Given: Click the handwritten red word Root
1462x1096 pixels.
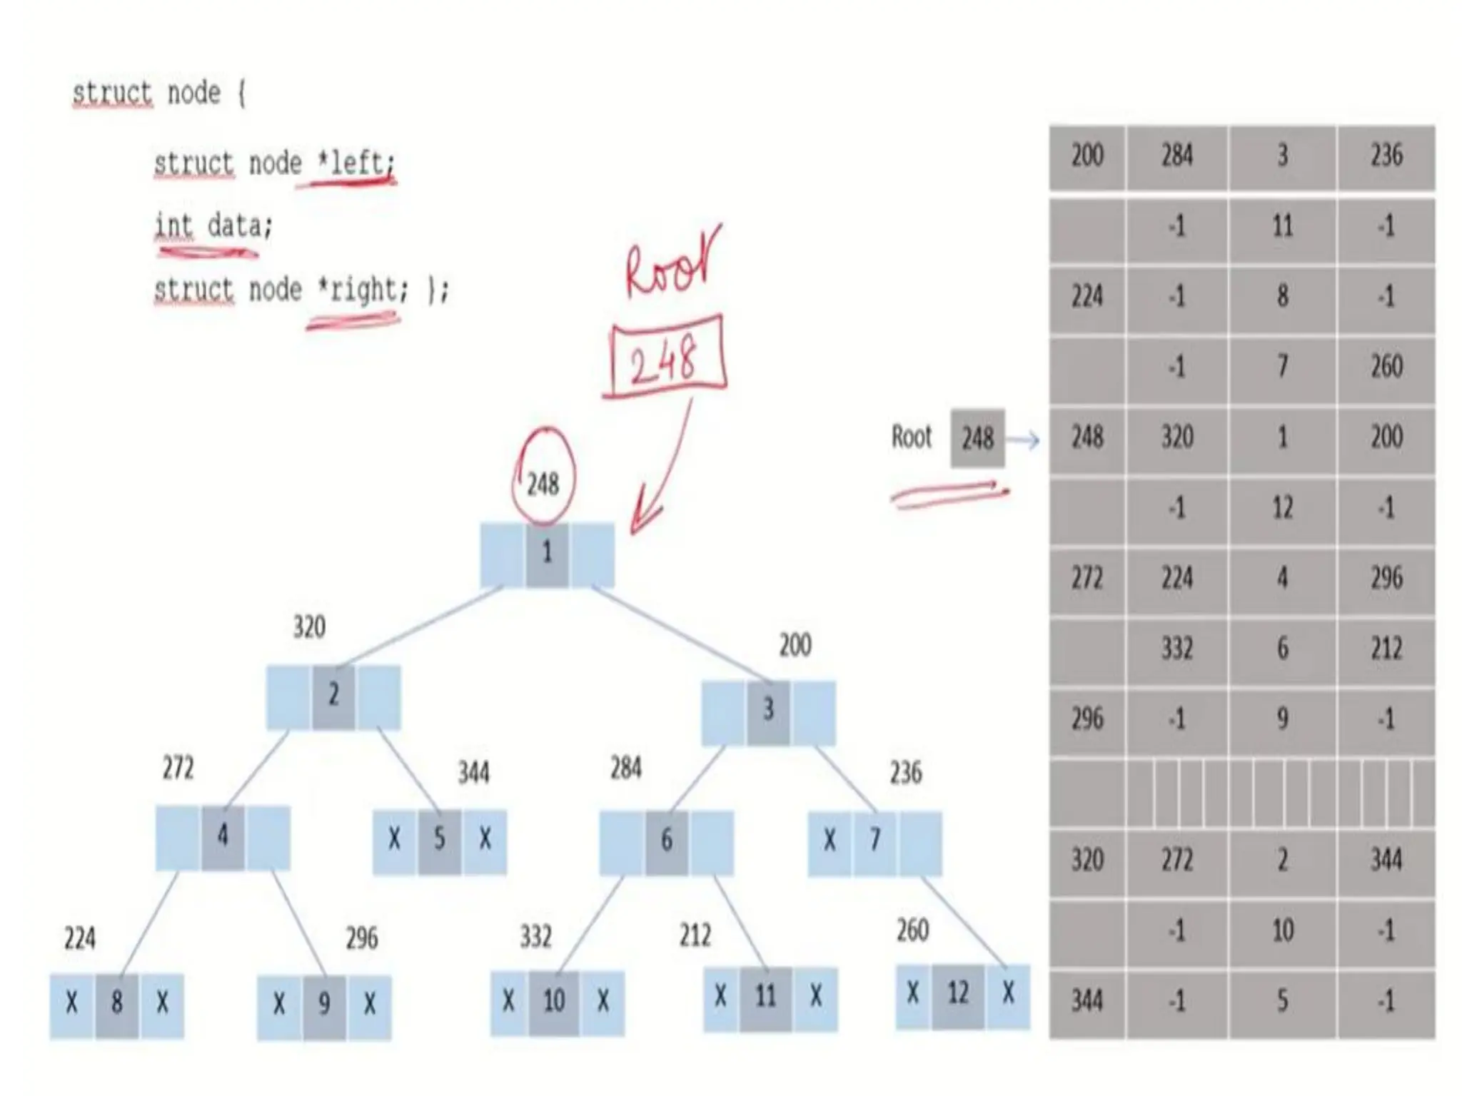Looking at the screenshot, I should click(671, 264).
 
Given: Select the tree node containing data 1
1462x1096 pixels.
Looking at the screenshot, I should click(547, 554).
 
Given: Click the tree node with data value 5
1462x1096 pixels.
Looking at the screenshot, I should click(440, 840).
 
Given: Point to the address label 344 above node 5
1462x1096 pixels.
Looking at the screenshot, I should click(473, 773).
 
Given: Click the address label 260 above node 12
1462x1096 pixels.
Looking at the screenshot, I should click(912, 930).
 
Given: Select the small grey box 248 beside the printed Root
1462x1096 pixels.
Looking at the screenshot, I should click(977, 438).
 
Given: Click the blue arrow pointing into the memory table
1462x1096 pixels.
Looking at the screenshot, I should click(1023, 440).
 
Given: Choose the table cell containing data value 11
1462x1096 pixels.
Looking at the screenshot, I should click(1282, 227).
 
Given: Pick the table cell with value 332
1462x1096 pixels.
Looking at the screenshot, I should click(1176, 648).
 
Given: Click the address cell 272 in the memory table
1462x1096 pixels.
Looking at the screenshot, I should click(1087, 578).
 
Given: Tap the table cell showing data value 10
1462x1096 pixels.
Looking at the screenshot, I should click(1282, 930).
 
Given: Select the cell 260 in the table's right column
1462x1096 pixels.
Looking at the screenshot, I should click(1386, 367).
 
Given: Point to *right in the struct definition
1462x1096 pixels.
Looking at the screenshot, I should click(361, 290).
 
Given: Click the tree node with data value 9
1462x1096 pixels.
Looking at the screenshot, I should click(324, 1005).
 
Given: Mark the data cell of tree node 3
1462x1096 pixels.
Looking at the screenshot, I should click(768, 711).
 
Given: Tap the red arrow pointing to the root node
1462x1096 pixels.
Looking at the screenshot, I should click(660, 471).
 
